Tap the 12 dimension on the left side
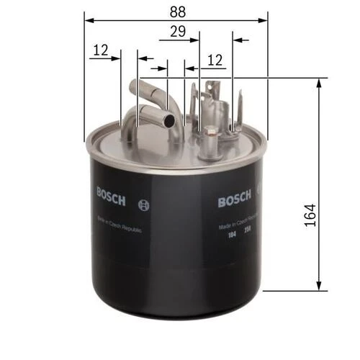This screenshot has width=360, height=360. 101,50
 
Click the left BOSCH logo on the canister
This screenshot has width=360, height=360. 112,194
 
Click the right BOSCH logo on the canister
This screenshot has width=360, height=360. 235,200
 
